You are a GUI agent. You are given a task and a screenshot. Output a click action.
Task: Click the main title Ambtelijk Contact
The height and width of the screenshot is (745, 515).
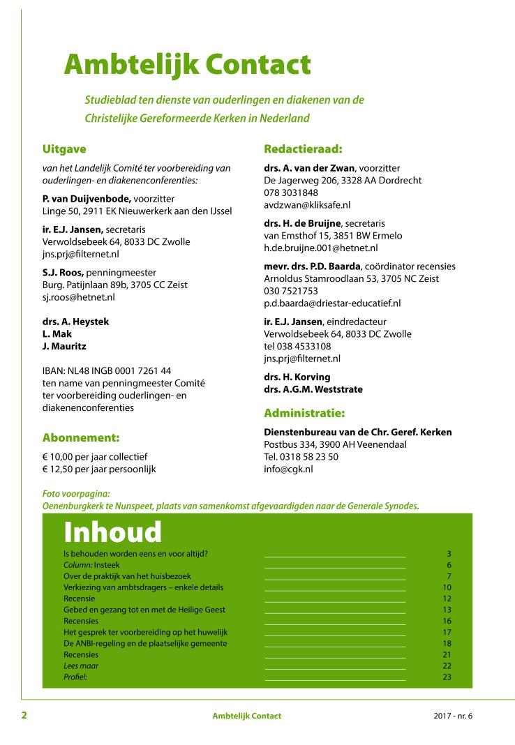tap(187, 65)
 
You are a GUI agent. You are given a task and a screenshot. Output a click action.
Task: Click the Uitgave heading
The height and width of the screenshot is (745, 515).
tap(64, 149)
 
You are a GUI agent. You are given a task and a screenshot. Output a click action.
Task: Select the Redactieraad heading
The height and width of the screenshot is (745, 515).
tap(303, 149)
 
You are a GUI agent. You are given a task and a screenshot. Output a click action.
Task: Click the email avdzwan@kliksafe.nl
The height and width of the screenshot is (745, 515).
tap(307, 205)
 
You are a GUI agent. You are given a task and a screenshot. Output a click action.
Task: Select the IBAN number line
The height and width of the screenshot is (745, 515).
tap(107, 370)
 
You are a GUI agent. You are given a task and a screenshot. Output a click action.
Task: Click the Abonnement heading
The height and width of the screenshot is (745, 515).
tap(81, 438)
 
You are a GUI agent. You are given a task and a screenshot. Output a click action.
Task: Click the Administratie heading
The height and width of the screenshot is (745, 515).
tap(304, 413)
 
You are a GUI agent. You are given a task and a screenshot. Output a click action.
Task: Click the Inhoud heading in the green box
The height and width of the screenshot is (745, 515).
tap(112, 532)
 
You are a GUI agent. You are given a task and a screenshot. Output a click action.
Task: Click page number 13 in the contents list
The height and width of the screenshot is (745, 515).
tap(447, 610)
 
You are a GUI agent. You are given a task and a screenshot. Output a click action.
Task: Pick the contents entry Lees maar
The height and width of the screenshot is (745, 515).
tap(81, 665)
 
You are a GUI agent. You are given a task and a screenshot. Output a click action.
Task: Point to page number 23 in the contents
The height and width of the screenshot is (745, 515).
tap(447, 677)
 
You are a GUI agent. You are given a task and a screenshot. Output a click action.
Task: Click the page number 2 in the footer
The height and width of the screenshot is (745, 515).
tap(24, 715)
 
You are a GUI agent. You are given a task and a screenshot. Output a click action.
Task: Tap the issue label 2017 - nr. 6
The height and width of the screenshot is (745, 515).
tap(452, 716)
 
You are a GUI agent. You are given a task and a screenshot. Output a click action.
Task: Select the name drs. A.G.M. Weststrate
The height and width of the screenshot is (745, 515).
tap(313, 389)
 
